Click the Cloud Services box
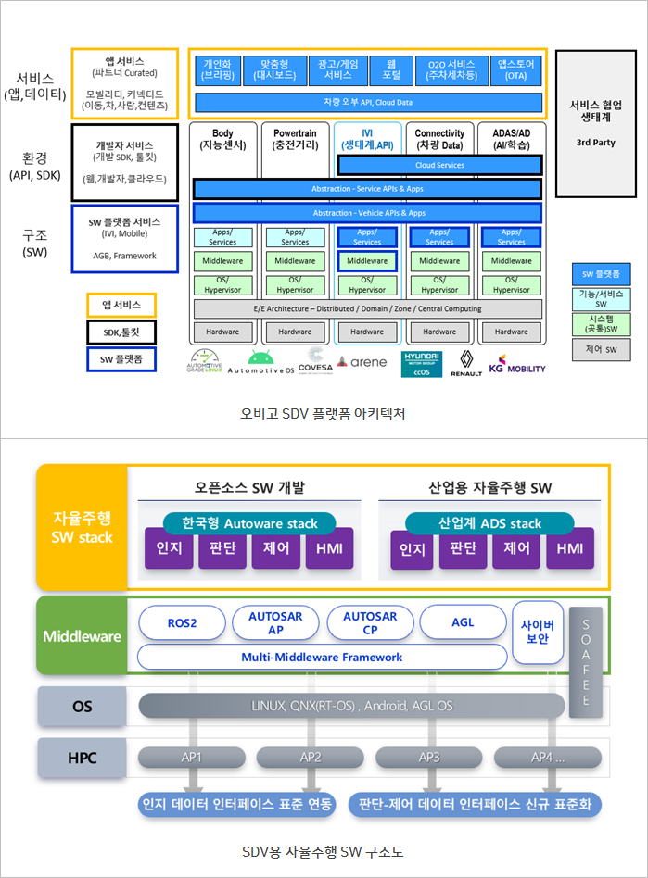[439, 166]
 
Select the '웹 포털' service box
[391, 69]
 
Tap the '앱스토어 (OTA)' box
[516, 69]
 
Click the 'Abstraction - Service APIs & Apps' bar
[367, 189]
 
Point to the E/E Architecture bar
[367, 308]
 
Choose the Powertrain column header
[295, 140]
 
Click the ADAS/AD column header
[511, 140]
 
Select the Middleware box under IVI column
[367, 261]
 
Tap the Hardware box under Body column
[222, 332]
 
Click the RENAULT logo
[465, 363]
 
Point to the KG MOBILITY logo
[516, 362]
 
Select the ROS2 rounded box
[182, 622]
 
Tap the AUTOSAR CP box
[369, 622]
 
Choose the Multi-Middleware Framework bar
[322, 657]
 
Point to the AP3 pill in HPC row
[429, 757]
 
